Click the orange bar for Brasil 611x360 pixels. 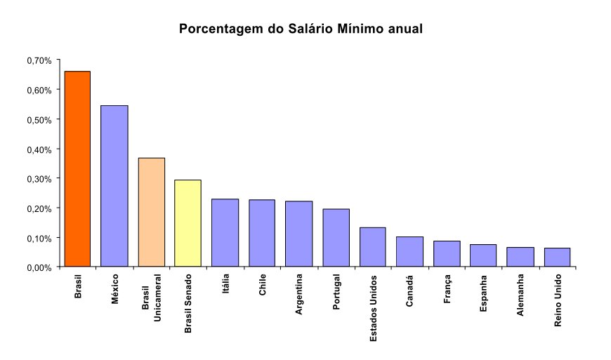point(77,169)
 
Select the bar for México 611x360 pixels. point(114,186)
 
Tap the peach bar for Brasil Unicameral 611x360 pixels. point(152,212)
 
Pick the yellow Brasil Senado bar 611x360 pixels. point(188,223)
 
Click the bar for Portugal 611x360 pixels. point(336,238)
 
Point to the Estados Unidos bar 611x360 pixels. point(373,247)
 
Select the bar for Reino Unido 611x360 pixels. point(557,258)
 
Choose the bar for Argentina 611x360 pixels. point(299,234)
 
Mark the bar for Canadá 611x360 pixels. point(409,252)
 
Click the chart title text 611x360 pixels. point(301,29)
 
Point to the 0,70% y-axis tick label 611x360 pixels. point(39,61)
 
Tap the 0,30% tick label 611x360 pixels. point(39,179)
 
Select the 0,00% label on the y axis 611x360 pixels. point(39,268)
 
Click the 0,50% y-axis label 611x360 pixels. point(39,120)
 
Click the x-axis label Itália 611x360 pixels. point(225,284)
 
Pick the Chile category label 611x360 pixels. point(262,284)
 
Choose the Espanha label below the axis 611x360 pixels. point(483,293)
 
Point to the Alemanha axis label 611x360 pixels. point(520,295)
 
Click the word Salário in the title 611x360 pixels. point(310,29)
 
